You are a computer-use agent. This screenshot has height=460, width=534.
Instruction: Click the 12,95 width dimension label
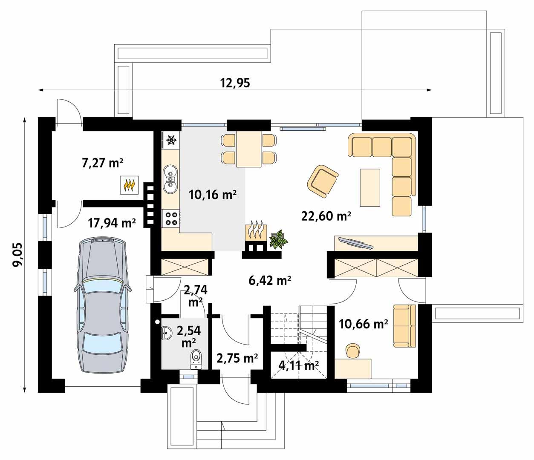[235, 83]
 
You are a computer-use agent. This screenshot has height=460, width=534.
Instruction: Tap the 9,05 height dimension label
[18, 254]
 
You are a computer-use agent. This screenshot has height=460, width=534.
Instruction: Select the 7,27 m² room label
[102, 162]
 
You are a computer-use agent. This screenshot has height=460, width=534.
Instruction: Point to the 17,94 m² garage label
[112, 222]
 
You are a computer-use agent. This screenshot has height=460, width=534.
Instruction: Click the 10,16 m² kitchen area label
[212, 195]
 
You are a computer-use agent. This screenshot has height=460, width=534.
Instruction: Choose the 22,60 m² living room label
[326, 216]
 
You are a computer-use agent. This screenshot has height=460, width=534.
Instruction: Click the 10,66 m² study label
[363, 324]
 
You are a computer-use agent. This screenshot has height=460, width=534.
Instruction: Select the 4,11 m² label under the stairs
[299, 365]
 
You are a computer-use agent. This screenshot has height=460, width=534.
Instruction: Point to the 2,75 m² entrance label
[237, 358]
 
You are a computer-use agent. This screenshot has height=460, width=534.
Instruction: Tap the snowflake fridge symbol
[171, 139]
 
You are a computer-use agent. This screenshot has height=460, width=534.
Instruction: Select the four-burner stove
[171, 218]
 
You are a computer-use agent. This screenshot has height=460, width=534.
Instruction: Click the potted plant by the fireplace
[278, 239]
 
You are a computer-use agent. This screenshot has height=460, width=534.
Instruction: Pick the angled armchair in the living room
[322, 181]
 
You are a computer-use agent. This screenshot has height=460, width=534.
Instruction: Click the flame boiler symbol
[129, 185]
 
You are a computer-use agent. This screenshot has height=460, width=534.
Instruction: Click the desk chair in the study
[352, 350]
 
